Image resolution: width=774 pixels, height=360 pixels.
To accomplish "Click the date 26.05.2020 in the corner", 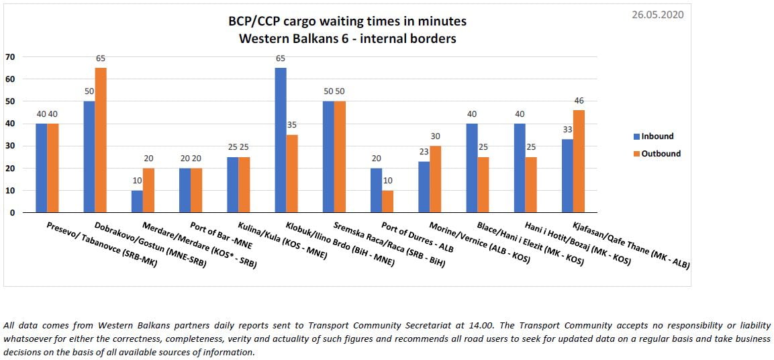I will coord(657,14).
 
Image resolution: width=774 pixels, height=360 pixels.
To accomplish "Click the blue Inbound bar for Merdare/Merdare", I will coord(137,201).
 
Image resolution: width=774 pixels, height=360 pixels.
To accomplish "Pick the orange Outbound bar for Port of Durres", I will coord(387,201).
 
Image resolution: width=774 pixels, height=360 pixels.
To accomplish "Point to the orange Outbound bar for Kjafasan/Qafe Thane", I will coord(579,161).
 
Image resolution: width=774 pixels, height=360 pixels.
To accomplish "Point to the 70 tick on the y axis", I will coord(9,56).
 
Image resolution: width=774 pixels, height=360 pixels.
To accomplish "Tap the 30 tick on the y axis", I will coord(9,146).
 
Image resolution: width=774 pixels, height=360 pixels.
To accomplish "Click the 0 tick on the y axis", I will coord(12,213).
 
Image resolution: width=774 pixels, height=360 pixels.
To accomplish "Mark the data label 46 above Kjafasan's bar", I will coord(579,101).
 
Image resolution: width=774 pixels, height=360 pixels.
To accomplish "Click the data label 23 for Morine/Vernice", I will coord(424,152).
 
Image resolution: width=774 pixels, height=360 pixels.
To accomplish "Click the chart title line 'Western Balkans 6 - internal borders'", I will coord(348,38).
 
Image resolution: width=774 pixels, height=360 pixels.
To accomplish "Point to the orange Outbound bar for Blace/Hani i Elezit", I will coord(483,184).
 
